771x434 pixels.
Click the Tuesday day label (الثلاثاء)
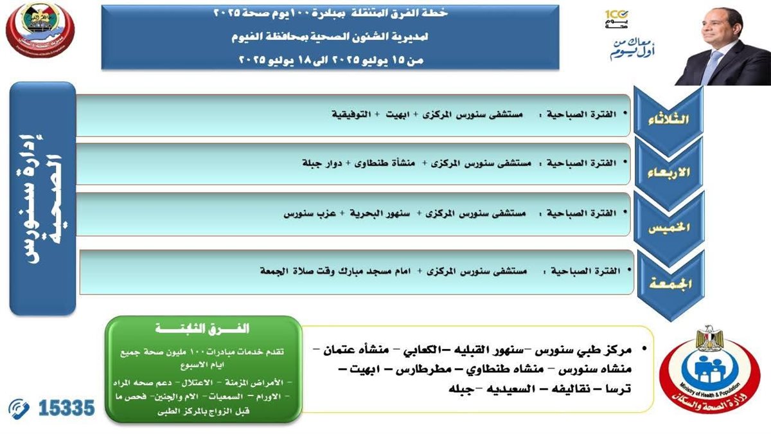coord(670,120)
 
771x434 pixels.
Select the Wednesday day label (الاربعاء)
coord(670,173)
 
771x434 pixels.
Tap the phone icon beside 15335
coord(19,408)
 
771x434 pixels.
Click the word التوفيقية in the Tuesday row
coord(353,113)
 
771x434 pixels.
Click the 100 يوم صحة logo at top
coord(617,18)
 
